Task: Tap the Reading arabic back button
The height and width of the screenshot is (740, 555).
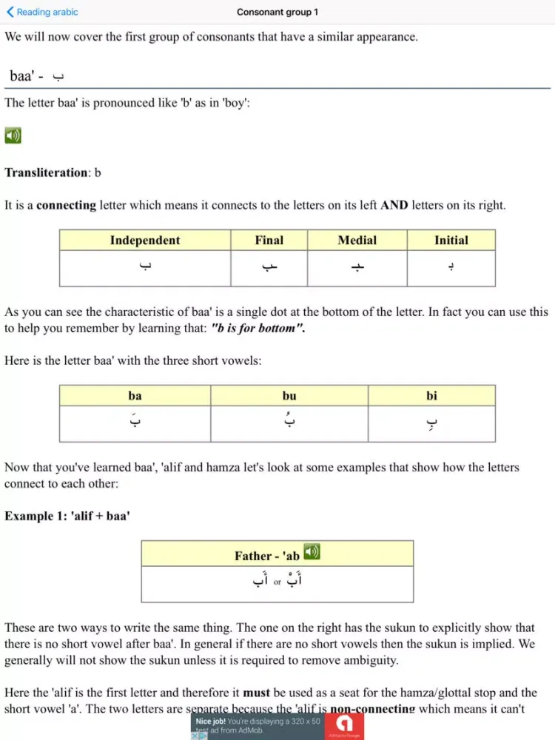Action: click(x=42, y=12)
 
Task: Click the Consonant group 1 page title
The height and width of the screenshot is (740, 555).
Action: click(x=277, y=12)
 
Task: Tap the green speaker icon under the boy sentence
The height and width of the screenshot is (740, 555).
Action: click(x=13, y=135)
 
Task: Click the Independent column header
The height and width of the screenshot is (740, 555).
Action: click(x=145, y=240)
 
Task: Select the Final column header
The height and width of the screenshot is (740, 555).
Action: click(x=269, y=240)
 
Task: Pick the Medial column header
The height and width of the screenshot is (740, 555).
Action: click(x=357, y=240)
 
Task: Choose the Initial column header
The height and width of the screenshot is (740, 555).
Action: click(x=451, y=240)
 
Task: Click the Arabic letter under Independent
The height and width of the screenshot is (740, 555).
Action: click(x=145, y=267)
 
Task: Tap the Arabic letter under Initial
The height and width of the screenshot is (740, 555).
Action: click(x=451, y=267)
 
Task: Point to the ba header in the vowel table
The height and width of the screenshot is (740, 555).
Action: click(x=135, y=396)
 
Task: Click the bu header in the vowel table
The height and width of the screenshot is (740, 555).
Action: click(x=289, y=396)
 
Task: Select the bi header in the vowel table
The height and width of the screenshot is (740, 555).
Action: click(x=431, y=396)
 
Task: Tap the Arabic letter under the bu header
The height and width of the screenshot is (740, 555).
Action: click(x=289, y=423)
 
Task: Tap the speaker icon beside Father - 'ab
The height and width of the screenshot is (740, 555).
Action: click(x=312, y=552)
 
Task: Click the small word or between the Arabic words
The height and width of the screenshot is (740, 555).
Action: click(x=277, y=582)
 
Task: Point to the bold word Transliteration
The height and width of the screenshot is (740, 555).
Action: click(x=46, y=172)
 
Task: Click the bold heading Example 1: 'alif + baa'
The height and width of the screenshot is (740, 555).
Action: click(x=67, y=516)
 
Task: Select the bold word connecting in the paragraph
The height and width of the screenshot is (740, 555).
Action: click(x=67, y=206)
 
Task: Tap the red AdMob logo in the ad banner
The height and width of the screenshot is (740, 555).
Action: click(x=344, y=726)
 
